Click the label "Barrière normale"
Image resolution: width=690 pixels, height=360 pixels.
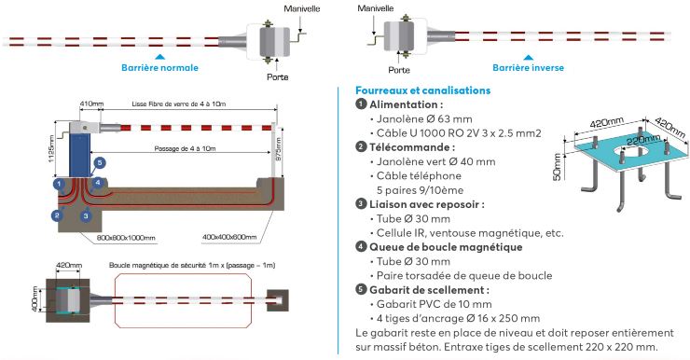[x=159, y=68]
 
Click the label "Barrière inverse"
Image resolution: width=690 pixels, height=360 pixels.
[x=528, y=68]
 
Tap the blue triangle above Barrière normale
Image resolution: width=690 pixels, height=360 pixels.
[x=160, y=57]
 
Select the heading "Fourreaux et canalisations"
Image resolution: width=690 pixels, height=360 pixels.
[x=423, y=90]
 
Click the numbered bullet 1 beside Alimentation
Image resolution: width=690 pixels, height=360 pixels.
[x=361, y=104]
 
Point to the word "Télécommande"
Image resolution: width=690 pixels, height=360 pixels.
[x=409, y=147]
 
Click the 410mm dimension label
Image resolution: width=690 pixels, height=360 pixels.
[x=91, y=104]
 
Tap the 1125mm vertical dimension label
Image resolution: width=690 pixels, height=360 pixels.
[x=51, y=148]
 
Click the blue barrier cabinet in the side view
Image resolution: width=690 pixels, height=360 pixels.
[x=79, y=155]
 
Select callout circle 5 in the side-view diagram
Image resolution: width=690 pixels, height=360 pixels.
[x=100, y=163]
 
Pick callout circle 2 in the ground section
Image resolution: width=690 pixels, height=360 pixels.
[x=57, y=215]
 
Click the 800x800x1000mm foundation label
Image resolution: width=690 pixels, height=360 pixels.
[x=126, y=238]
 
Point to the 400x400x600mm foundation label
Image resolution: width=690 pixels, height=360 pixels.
[x=229, y=237]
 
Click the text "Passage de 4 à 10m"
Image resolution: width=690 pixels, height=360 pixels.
[x=185, y=148]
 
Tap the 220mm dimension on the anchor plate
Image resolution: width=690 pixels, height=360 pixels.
[x=643, y=141]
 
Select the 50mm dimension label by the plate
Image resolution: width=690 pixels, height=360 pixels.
[x=557, y=167]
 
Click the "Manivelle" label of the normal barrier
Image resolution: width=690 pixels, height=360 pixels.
[x=302, y=8]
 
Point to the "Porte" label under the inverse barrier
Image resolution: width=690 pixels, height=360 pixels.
[x=399, y=70]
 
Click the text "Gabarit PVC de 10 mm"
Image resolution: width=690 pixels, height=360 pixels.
[x=434, y=304]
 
